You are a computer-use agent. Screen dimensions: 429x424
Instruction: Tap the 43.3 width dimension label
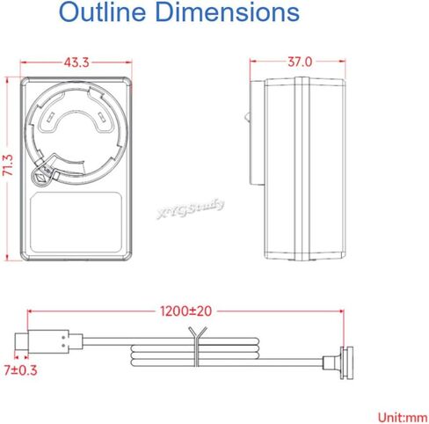[76, 62]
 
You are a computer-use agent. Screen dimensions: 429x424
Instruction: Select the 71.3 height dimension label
[8, 165]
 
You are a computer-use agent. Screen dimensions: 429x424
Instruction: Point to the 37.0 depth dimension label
[300, 62]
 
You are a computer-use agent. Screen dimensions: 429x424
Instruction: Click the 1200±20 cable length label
[185, 311]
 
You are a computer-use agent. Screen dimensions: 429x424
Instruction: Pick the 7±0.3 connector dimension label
[20, 370]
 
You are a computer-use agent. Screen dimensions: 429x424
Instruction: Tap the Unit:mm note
[403, 417]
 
